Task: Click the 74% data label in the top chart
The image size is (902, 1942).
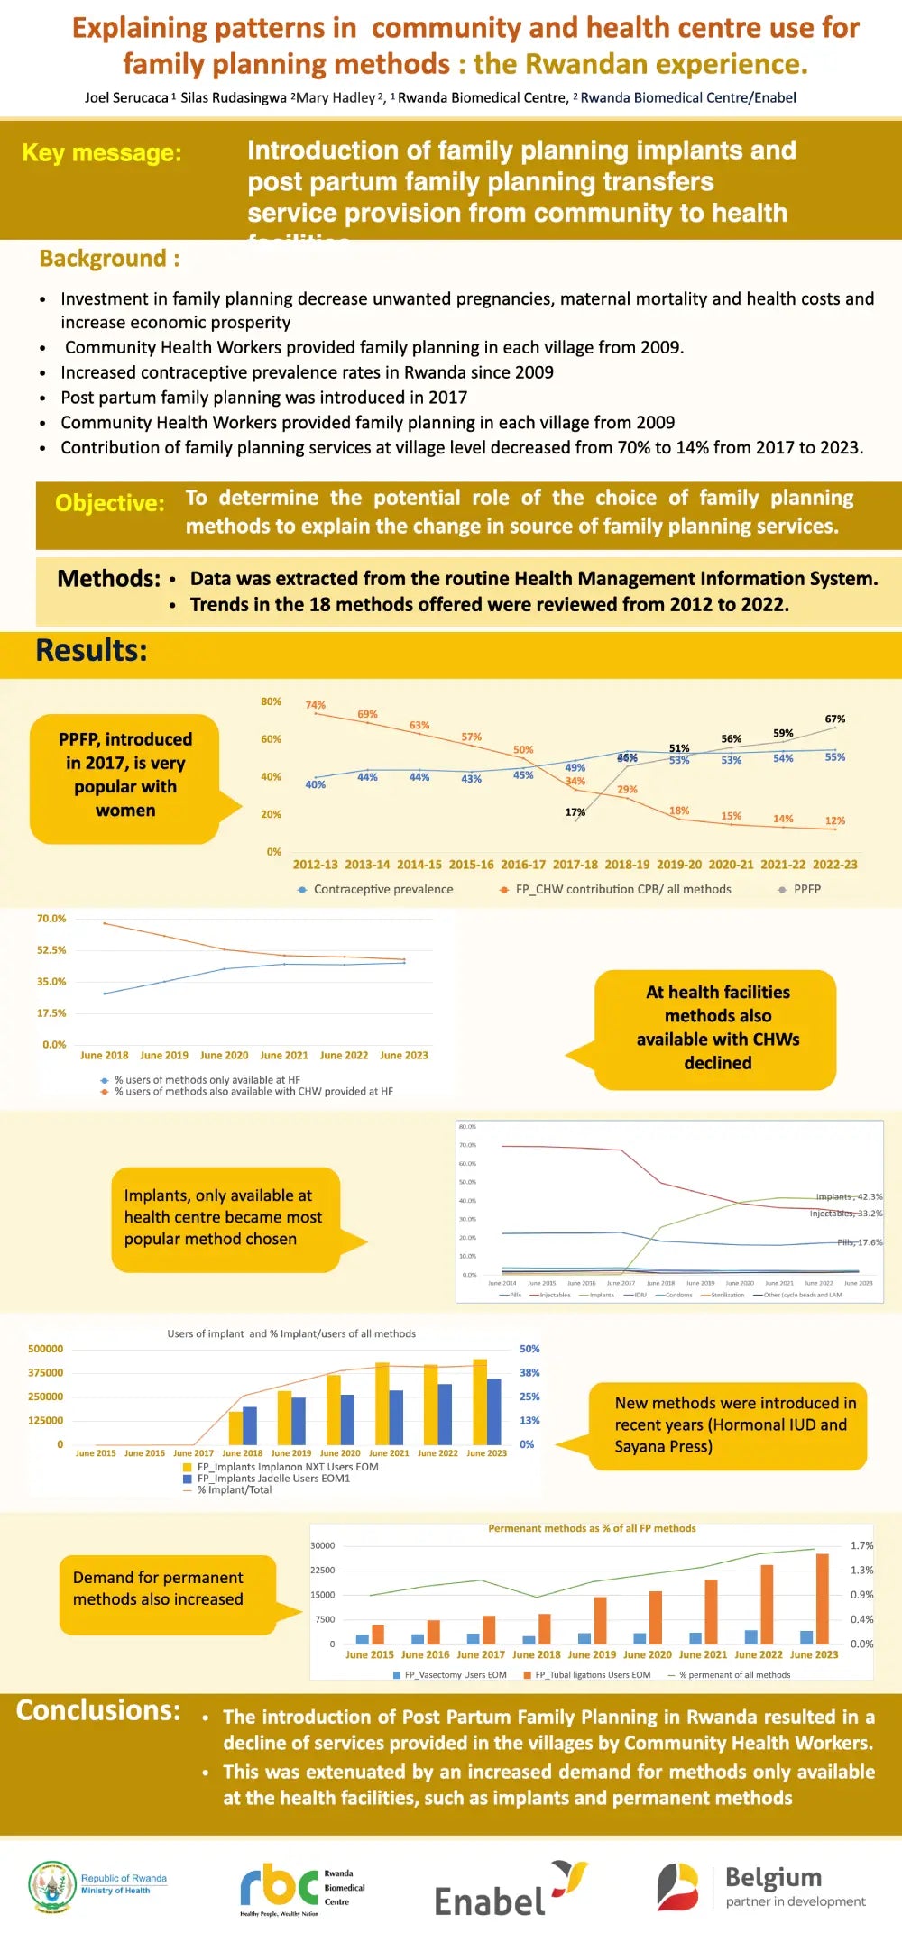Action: pyautogui.click(x=315, y=705)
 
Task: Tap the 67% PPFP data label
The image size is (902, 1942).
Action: pyautogui.click(x=835, y=719)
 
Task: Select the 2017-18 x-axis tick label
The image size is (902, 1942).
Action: pyautogui.click(x=575, y=865)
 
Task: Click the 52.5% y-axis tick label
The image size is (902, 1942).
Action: pyautogui.click(x=51, y=950)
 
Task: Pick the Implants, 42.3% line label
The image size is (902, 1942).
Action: pyautogui.click(x=849, y=1197)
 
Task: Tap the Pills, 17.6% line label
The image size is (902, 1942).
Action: pyautogui.click(x=860, y=1242)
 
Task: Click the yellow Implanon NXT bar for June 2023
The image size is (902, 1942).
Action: pyautogui.click(x=480, y=1402)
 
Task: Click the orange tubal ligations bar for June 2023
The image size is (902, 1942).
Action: pyautogui.click(x=822, y=1598)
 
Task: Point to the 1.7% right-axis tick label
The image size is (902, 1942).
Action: pyautogui.click(x=861, y=1545)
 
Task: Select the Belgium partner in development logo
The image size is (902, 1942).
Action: pyautogui.click(x=762, y=1887)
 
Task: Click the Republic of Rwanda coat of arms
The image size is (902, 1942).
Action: pyautogui.click(x=52, y=1886)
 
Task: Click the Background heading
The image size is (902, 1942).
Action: pyautogui.click(x=109, y=259)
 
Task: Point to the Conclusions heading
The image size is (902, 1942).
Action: pyautogui.click(x=98, y=1710)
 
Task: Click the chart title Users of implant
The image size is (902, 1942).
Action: pyautogui.click(x=291, y=1333)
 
